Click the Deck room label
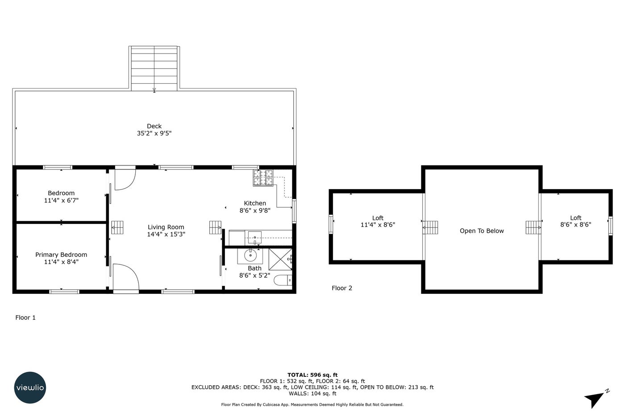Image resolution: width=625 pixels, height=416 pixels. pos(154,126)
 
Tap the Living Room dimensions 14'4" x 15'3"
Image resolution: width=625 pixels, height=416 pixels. pos(166,235)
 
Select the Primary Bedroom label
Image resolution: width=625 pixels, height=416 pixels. pos(61,255)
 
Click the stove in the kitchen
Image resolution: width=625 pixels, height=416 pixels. pos(263,178)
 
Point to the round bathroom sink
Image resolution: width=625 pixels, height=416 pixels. pos(250,255)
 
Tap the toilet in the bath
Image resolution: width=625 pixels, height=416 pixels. pos(283,280)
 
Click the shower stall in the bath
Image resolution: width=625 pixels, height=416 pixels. pos(280,259)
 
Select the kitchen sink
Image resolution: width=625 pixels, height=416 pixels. pos(255,238)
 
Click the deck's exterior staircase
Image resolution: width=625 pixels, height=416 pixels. pos(154,68)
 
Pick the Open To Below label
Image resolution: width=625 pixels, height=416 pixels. pos(482,231)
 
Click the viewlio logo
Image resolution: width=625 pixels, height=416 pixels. pos(30,387)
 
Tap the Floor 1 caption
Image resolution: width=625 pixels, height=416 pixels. pos(25,317)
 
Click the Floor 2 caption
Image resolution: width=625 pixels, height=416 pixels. pos(342,288)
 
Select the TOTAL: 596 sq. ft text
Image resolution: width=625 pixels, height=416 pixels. pos(312,375)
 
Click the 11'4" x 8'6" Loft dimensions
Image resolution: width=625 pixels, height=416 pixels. pos(378,225)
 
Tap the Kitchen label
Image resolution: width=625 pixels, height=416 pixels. pos(255,203)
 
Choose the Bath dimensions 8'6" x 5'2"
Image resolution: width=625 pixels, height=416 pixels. pos(254,276)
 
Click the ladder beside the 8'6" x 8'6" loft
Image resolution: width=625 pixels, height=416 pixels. pos(533,228)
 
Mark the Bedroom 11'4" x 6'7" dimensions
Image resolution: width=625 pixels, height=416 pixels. pos(61,200)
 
